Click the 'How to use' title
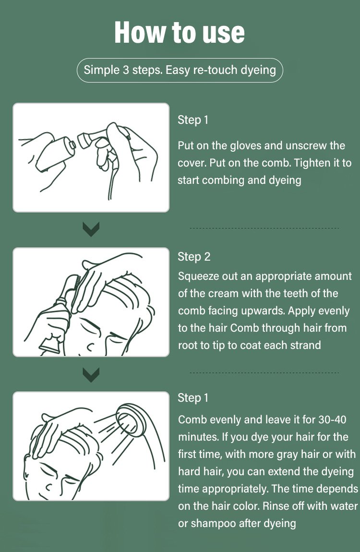[x=180, y=32]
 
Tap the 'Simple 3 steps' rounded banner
[x=180, y=70]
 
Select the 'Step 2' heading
[x=194, y=257]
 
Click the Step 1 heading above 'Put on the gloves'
[x=193, y=120]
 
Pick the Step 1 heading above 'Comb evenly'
[x=193, y=398]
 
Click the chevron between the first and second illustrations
[x=91, y=229]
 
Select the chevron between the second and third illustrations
[x=91, y=375]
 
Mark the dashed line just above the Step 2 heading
[x=264, y=228]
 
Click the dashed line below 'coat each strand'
[x=264, y=372]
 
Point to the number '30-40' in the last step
[x=333, y=420]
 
